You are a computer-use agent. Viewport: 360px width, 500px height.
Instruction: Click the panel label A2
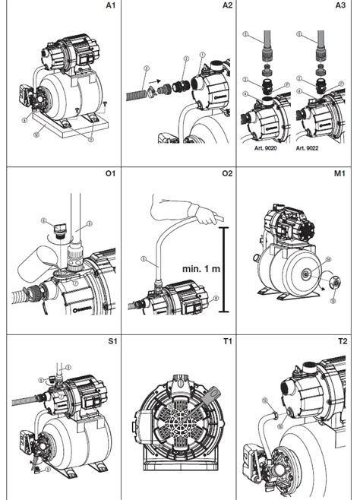(227, 6)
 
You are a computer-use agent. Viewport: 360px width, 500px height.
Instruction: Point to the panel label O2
(227, 173)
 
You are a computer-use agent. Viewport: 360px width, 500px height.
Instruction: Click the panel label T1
(227, 342)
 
